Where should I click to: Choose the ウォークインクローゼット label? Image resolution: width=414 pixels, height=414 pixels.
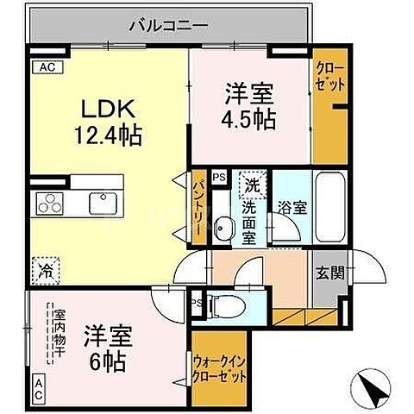coord(220,369)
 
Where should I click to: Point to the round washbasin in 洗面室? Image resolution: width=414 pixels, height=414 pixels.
coord(223,228)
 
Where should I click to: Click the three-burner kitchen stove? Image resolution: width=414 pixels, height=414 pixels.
coord(48,205)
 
